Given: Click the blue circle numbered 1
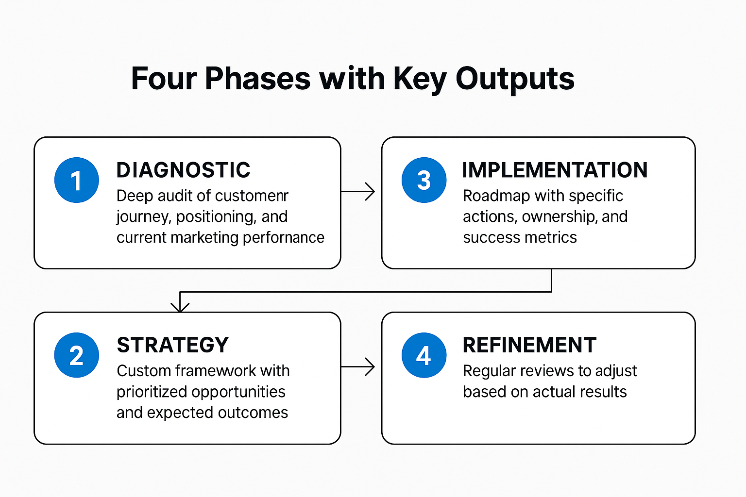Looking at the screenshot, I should pyautogui.click(x=76, y=180).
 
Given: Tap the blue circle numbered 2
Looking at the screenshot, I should pyautogui.click(x=76, y=355).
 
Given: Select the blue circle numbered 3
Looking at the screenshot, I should pyautogui.click(x=424, y=180).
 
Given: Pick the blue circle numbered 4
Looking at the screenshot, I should pyautogui.click(x=424, y=355).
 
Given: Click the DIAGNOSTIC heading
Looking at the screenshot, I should pyautogui.click(x=183, y=170).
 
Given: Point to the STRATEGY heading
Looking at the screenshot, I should pyautogui.click(x=172, y=345).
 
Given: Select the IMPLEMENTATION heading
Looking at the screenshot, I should pyautogui.click(x=555, y=170).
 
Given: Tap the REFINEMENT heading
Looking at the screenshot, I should pyautogui.click(x=529, y=345).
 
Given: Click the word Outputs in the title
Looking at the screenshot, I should pyautogui.click(x=515, y=79).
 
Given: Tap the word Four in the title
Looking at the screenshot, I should pyautogui.click(x=163, y=79).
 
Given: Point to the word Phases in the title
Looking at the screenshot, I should pyautogui.click(x=257, y=79).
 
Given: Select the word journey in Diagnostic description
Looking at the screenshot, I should pyautogui.click(x=143, y=217).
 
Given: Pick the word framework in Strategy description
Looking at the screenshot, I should pyautogui.click(x=215, y=371).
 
